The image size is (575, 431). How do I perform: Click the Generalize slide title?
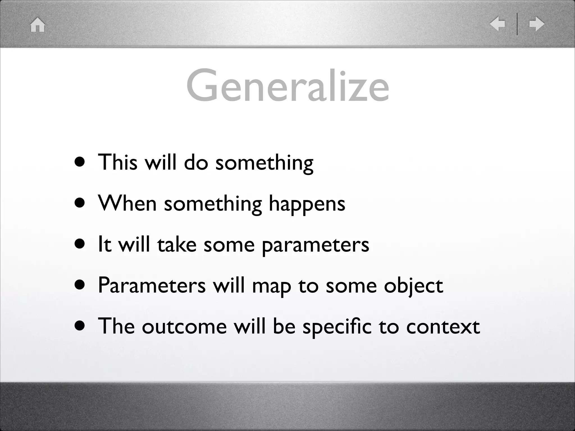287,86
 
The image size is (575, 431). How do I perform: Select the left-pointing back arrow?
497,24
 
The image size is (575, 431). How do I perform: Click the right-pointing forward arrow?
537,24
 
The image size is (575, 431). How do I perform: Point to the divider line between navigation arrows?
517,24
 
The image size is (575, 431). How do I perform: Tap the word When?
127,203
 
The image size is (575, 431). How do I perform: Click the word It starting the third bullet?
104,244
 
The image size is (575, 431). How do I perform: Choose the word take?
177,244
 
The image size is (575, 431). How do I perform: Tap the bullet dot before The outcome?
80,326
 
